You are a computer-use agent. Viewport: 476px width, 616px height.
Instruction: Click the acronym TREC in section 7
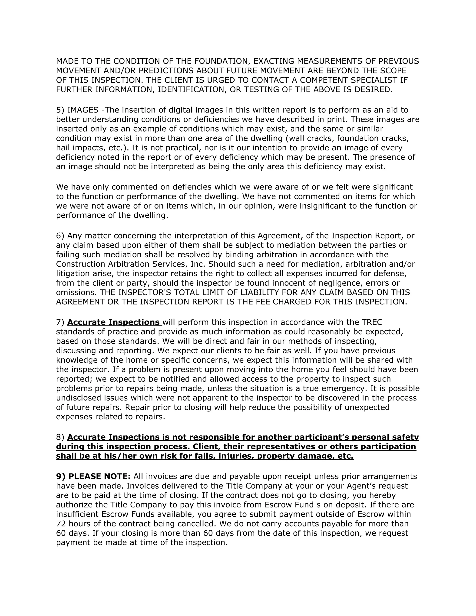click(372, 322)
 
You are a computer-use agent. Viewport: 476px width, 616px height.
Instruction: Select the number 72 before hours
click(61, 524)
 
